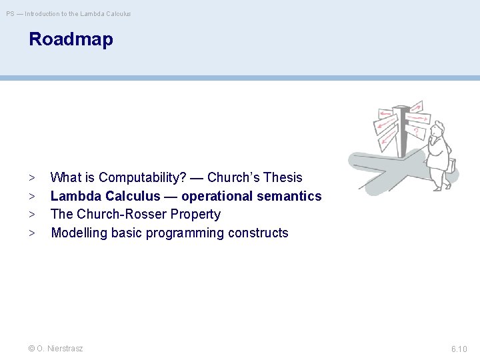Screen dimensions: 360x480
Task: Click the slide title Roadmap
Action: click(71, 39)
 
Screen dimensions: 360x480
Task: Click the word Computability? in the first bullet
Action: click(142, 178)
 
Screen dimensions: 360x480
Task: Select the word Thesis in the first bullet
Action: click(283, 178)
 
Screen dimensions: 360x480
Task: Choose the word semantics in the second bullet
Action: click(289, 196)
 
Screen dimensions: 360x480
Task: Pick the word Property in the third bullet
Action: click(195, 215)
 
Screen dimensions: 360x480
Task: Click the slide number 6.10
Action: click(459, 349)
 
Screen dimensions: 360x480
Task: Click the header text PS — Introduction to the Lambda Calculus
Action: click(69, 13)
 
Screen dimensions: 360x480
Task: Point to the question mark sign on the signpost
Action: click(417, 131)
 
